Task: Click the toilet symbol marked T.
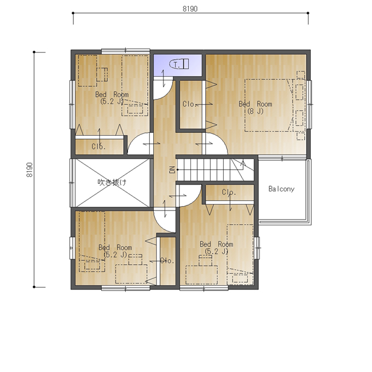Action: [x=179, y=64]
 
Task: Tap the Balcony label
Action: [x=281, y=189]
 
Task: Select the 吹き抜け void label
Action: [x=112, y=182]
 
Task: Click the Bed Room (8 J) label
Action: [x=255, y=107]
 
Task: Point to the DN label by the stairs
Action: [x=172, y=170]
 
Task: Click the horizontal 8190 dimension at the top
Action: [x=190, y=9]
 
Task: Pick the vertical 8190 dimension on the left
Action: [x=30, y=170]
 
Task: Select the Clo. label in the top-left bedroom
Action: [x=98, y=147]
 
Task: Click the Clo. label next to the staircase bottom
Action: [x=229, y=192]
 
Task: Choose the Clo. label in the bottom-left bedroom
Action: [x=167, y=261]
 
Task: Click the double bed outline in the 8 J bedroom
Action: [x=269, y=105]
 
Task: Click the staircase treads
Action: [x=216, y=170]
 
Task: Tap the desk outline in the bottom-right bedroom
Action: [x=202, y=275]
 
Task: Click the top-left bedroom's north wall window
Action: [x=126, y=51]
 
